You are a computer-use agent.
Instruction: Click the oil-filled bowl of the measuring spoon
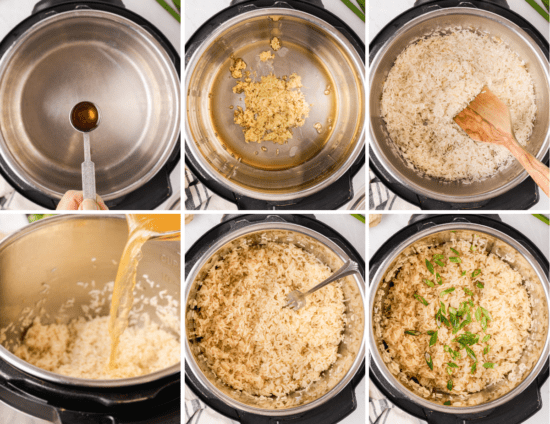(x=84, y=115)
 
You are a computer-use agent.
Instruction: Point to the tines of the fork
(x=296, y=298)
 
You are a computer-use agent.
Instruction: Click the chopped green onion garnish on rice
(x=460, y=320)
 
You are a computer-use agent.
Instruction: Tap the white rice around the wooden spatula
(x=420, y=110)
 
